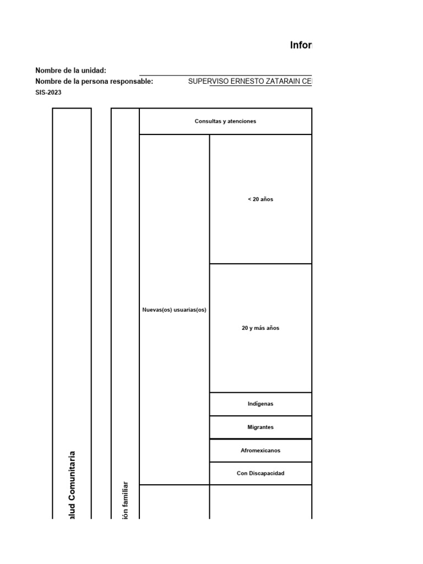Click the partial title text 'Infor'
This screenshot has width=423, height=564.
point(301,46)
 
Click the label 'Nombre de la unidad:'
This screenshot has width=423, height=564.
point(70,70)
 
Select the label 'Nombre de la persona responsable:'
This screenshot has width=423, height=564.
point(94,82)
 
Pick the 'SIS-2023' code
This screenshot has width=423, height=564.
point(48,93)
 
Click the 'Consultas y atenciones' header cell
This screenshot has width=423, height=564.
point(225,121)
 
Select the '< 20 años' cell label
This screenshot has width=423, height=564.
point(261,199)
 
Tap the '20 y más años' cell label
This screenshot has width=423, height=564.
point(261,328)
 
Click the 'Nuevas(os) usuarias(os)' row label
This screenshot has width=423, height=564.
point(174,310)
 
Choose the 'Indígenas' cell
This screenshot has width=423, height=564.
point(261,404)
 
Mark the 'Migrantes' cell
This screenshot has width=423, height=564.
point(261,427)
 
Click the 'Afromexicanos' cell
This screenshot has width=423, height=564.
point(261,451)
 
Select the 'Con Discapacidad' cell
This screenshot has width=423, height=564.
point(261,473)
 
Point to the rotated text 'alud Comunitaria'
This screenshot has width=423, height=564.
point(72,485)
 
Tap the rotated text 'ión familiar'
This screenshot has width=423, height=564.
point(125,500)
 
